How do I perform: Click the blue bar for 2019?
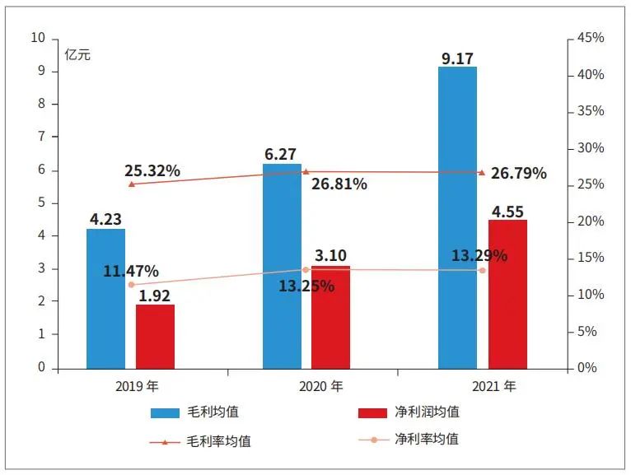pos(105,298)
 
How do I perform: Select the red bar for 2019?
pos(155,336)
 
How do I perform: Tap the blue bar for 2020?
pos(282,265)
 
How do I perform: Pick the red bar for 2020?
pos(330,317)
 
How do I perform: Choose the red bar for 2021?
pos(507,293)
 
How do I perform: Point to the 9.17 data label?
pos(458,58)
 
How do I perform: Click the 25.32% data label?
pos(152,171)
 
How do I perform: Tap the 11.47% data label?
pos(131,272)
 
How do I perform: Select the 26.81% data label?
pos(339,184)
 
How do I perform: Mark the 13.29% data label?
pos(479,255)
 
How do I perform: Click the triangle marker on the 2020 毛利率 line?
pos(306,172)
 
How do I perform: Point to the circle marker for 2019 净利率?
pos(131,285)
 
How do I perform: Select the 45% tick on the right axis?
pos(591,38)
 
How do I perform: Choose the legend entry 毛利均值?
pos(194,412)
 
